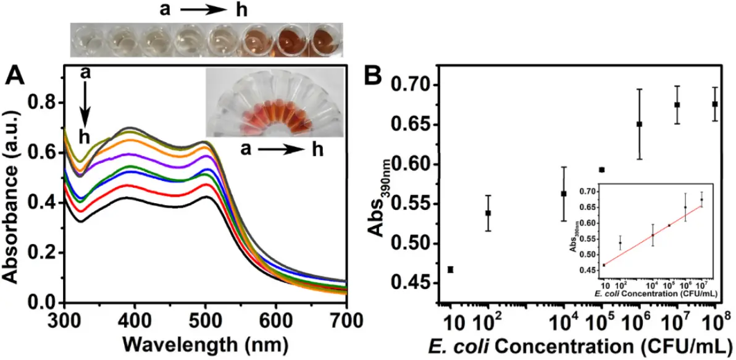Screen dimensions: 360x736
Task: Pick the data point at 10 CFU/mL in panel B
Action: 451,269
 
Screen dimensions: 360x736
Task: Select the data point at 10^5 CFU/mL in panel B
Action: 601,169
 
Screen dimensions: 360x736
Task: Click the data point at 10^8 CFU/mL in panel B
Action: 715,104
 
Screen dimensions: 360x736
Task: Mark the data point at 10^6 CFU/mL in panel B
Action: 639,123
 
